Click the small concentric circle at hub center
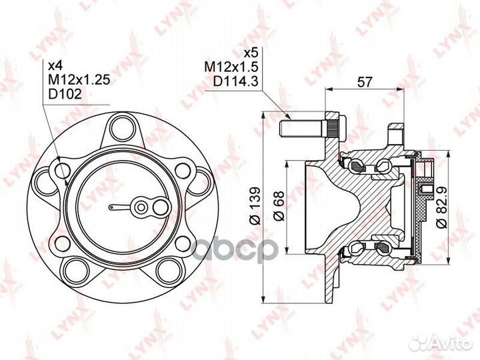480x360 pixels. [x=141, y=207]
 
